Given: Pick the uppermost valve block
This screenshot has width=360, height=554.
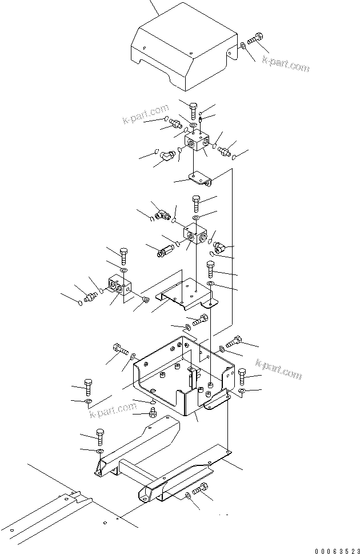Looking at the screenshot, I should point(198,140).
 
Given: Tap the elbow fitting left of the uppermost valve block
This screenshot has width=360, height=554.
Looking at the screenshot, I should point(168,155).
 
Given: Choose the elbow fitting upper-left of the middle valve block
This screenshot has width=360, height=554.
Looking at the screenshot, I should point(162,214).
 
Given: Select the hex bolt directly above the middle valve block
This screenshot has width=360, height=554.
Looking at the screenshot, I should point(196,202).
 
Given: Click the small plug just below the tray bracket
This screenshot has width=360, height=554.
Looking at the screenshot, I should point(153,413).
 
